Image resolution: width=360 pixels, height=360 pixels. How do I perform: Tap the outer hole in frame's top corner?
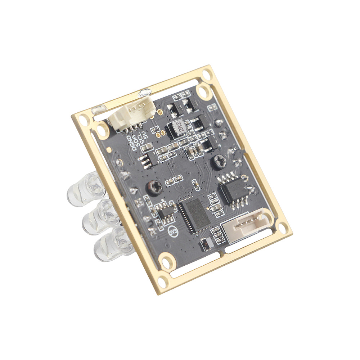[207, 75]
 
